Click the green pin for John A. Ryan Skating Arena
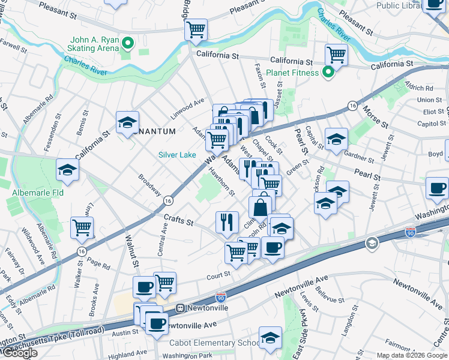(127, 43)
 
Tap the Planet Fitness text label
(291, 73)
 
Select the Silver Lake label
(177, 155)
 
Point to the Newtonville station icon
(179, 308)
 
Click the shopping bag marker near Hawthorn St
(261, 208)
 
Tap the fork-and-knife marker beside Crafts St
(227, 222)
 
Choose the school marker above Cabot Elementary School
(270, 337)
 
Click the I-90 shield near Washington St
(411, 232)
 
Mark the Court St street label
(218, 274)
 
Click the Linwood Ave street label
(188, 106)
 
